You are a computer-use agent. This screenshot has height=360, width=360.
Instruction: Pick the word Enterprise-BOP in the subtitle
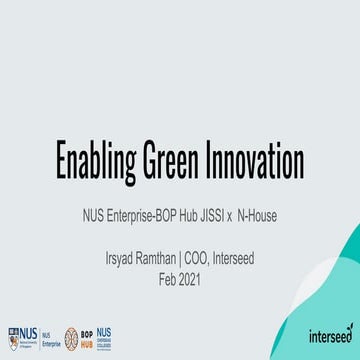click(x=142, y=212)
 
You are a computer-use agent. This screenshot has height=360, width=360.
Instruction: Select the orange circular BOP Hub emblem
click(x=71, y=336)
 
